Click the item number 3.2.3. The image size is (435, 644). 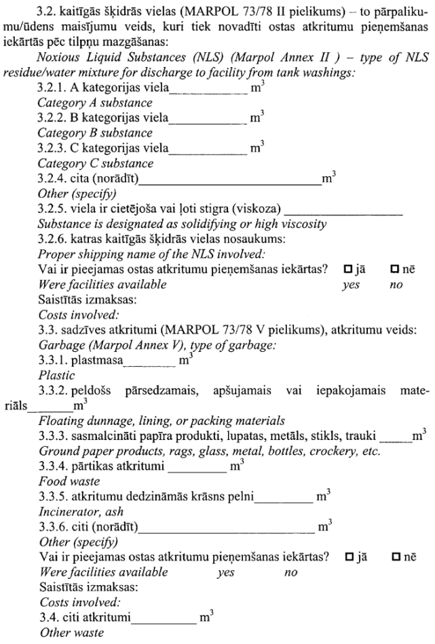[53, 147]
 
